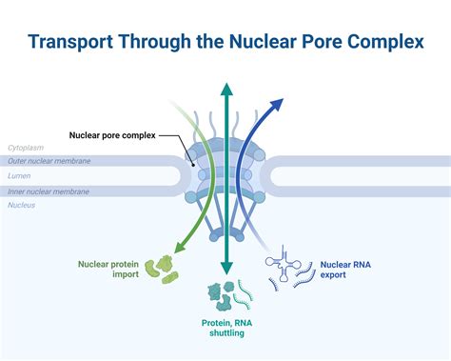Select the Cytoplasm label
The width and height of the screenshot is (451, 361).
click(x=26, y=148)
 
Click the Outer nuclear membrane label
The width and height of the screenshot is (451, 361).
click(x=49, y=162)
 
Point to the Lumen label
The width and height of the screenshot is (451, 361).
click(x=20, y=176)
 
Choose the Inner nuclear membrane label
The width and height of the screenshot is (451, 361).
click(x=49, y=191)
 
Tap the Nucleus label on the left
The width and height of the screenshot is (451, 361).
click(x=23, y=205)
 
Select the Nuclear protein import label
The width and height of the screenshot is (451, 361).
click(x=111, y=268)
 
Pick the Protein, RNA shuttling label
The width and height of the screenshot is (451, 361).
click(x=225, y=328)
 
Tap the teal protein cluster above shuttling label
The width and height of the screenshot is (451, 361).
click(x=220, y=296)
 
